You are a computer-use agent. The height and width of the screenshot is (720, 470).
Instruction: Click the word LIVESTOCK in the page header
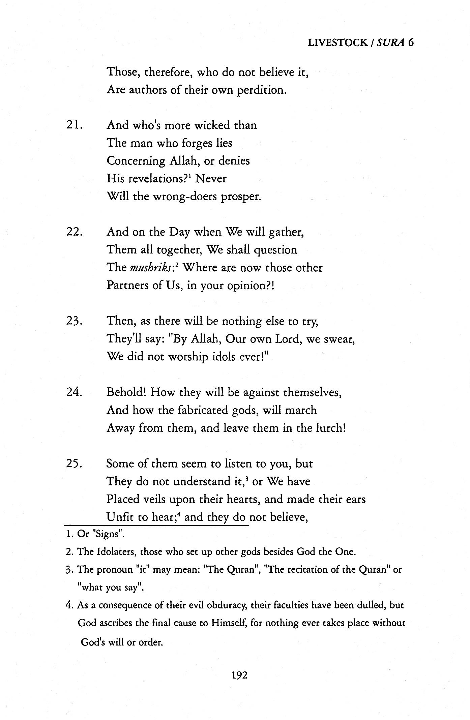pyautogui.click(x=337, y=43)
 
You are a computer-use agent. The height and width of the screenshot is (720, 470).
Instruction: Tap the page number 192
pyautogui.click(x=239, y=675)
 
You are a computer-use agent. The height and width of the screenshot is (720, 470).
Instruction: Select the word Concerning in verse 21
pyautogui.click(x=136, y=161)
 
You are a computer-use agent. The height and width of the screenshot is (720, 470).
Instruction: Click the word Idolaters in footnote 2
pyautogui.click(x=117, y=552)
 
